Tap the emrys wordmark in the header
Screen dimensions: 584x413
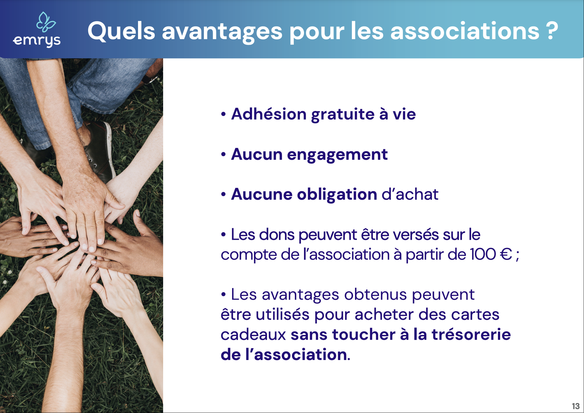(37, 41)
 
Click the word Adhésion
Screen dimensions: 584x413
(269, 114)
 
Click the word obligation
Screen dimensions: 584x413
(337, 195)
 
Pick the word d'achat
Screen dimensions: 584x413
(410, 194)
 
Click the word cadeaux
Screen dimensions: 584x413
(253, 335)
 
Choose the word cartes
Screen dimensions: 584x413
(475, 315)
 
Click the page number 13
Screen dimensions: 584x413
(575, 406)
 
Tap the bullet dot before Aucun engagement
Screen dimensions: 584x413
(223, 155)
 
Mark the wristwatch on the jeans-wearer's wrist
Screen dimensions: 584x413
(151, 78)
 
